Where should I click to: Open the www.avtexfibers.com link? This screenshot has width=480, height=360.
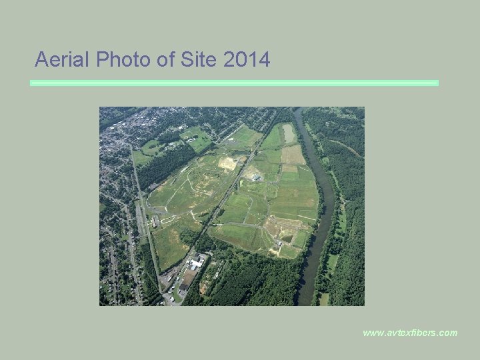click(x=410, y=332)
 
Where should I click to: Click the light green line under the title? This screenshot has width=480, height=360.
click(x=234, y=83)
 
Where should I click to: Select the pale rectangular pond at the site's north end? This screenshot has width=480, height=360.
click(x=289, y=133)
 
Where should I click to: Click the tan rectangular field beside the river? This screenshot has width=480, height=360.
click(x=293, y=155)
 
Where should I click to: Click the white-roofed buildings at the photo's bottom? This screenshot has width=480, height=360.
click(x=196, y=263)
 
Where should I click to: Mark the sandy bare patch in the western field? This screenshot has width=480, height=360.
click(x=228, y=163)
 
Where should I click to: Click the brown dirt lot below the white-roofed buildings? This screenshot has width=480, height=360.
click(x=189, y=276)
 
